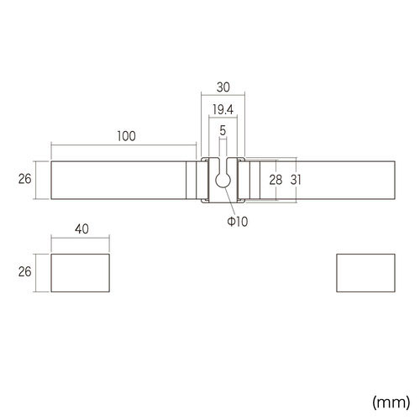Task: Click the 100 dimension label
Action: point(126,136)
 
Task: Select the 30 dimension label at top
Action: point(223,87)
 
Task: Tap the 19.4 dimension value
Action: point(223,109)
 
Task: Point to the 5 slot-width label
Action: point(223,130)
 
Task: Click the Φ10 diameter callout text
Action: point(238,222)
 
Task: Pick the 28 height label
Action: point(276,180)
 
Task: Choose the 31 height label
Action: point(296,180)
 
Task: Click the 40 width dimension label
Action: point(81,229)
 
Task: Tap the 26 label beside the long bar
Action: point(24,179)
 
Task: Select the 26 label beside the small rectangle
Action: point(24,272)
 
